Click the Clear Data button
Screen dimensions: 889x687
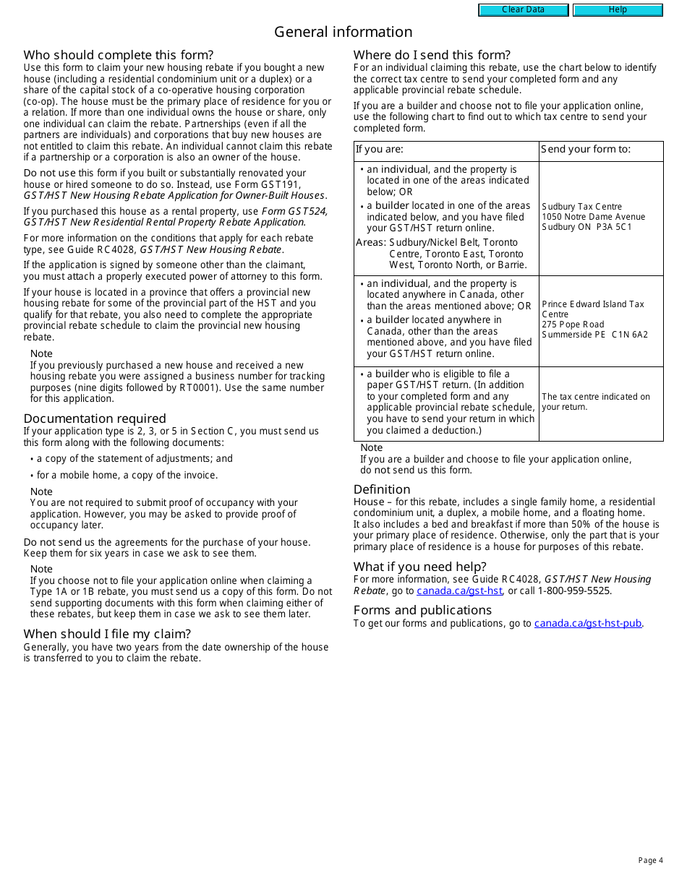point(523,10)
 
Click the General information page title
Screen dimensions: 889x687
point(343,32)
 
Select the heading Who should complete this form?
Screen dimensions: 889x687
point(119,55)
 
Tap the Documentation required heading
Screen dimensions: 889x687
point(95,418)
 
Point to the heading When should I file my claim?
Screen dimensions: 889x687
point(107,634)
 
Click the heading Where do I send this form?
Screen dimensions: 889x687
point(432,55)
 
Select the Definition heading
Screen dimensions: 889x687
point(382,489)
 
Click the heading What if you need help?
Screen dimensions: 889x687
point(420,567)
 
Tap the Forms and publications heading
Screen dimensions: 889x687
point(422,610)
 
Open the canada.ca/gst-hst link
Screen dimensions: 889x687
point(459,590)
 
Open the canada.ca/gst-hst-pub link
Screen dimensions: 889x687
point(587,623)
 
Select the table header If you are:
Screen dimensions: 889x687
point(380,150)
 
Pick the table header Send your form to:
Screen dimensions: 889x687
point(586,150)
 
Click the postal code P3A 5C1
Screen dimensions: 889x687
point(614,227)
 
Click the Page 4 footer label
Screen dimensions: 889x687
point(650,860)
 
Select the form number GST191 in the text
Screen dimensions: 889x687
point(283,184)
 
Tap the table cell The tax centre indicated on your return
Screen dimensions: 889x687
point(596,402)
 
